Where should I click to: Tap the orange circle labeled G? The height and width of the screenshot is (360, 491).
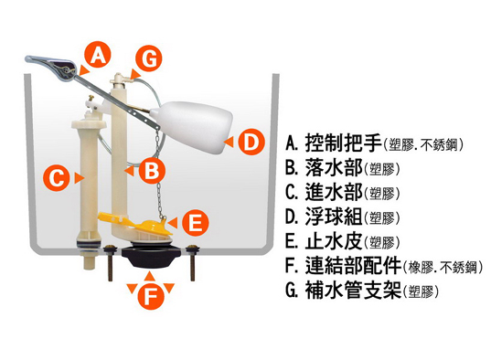pos(149,58)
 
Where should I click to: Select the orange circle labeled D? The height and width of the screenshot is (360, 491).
pos(251,142)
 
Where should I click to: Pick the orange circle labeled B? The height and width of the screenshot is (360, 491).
pos(152,171)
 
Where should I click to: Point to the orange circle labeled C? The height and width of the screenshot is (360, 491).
pos(57,178)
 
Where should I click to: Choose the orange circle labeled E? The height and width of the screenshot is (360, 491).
pos(196,223)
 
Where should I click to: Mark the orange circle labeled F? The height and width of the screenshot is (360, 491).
pos(151,296)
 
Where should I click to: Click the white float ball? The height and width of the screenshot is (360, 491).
pos(192,126)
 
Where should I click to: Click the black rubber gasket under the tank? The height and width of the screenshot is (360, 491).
pos(150,257)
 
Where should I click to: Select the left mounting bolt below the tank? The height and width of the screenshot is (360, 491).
pos(111,262)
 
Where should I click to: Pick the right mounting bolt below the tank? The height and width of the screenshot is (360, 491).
pos(192,262)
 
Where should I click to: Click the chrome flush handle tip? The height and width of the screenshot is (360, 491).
pos(29,58)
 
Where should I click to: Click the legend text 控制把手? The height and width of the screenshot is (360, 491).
pos(343,143)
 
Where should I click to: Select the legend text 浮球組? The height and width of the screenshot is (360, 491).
pos(334,217)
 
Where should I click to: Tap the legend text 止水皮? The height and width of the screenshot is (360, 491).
pos(334,241)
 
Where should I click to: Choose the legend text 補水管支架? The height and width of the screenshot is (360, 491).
pos(353,291)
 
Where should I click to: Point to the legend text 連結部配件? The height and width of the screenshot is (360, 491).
pos(353,266)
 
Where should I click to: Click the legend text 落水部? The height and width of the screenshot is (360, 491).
pos(334,167)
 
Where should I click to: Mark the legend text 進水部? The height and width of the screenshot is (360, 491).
pos(334,192)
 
